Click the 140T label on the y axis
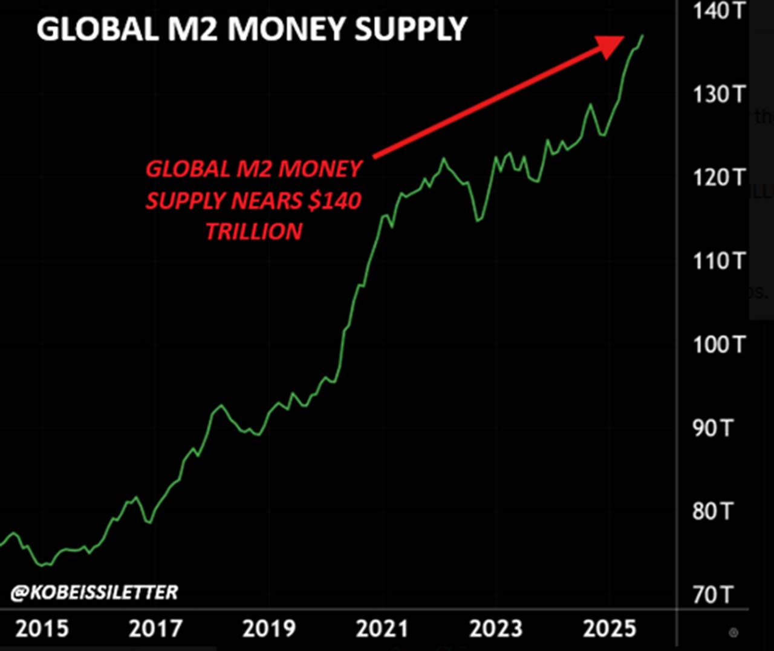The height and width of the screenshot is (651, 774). (x=719, y=10)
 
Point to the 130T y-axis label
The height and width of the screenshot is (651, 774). (x=719, y=94)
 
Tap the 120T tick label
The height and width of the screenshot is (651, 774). (x=719, y=177)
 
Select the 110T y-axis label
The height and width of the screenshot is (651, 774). (x=719, y=261)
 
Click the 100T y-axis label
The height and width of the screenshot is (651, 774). (x=719, y=344)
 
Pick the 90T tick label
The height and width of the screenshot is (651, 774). (x=712, y=428)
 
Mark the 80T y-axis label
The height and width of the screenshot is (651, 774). (x=712, y=512)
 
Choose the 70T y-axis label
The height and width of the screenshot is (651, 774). (x=712, y=595)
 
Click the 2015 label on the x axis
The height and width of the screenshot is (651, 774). (x=42, y=629)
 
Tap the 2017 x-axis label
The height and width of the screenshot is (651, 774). (x=155, y=629)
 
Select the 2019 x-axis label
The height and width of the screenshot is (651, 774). (x=269, y=629)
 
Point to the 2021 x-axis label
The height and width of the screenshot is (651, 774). (x=382, y=629)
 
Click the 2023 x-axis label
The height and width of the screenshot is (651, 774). (x=496, y=629)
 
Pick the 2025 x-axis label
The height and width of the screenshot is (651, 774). (x=610, y=629)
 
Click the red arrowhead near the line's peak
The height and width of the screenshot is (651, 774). (x=611, y=45)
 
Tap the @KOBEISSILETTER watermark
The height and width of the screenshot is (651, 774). (x=94, y=592)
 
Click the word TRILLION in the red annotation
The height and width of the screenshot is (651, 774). (x=254, y=232)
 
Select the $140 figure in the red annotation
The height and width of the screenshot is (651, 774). (x=334, y=200)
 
